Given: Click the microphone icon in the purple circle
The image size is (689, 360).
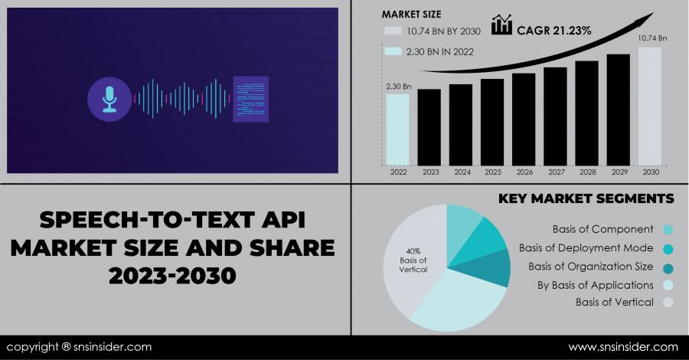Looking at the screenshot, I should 109,99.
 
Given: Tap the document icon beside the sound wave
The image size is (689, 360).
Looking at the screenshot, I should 251,98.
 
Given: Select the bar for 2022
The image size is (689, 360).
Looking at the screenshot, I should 397,129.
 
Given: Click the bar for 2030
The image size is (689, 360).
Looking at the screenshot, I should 649,106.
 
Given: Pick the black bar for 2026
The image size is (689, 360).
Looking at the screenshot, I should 524,119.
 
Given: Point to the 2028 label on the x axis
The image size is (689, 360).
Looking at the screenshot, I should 586,173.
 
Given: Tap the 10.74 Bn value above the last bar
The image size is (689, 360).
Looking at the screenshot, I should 652,38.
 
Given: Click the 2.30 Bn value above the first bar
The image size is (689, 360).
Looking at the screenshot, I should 398,87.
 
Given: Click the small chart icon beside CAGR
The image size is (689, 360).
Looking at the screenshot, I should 501,25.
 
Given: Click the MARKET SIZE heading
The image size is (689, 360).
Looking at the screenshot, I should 411,14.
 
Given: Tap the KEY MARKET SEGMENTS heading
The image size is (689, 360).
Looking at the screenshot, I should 586,198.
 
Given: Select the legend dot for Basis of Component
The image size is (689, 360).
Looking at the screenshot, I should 668,229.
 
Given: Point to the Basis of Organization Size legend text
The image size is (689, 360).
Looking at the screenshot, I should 590,267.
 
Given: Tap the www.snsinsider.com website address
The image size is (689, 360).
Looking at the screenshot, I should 622,347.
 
